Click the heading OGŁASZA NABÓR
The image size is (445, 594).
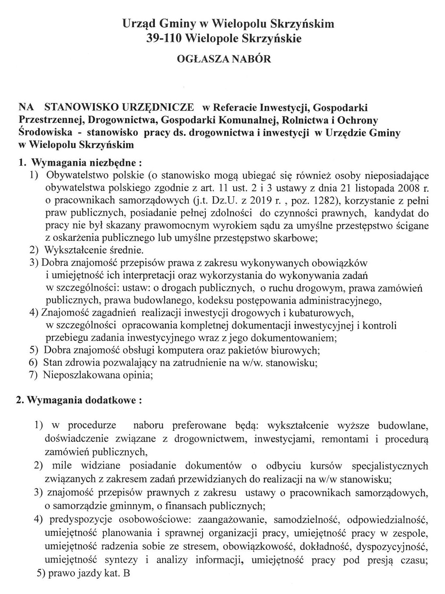224,59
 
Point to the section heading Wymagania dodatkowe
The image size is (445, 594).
84,400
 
